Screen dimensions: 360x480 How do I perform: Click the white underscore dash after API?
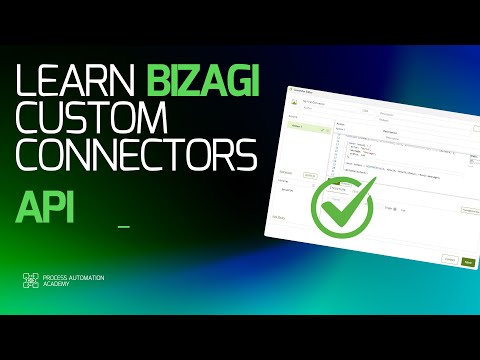[124, 227]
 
